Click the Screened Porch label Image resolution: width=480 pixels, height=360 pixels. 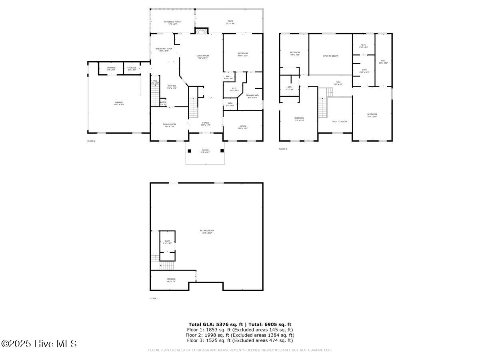(x=172, y=23)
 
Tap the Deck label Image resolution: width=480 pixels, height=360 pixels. (x=230, y=23)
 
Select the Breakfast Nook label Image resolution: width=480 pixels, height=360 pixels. (x=164, y=50)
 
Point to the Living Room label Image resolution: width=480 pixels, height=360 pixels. (x=203, y=57)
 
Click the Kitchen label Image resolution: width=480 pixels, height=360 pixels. (x=172, y=87)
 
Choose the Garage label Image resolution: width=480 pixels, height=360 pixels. (x=119, y=103)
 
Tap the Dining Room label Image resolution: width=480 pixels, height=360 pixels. (x=169, y=125)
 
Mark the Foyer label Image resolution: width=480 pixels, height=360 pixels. (x=205, y=124)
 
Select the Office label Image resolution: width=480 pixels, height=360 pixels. (x=243, y=127)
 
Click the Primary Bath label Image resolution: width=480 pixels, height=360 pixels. (x=252, y=96)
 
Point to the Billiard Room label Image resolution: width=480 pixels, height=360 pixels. (x=207, y=232)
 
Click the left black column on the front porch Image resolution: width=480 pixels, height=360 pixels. (x=190, y=151)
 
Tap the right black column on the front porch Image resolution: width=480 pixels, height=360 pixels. (x=222, y=151)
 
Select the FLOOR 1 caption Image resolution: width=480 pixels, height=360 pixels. (x=154, y=298)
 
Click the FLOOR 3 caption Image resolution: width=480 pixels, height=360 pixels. (x=283, y=149)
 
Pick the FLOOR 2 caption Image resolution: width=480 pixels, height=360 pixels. (x=91, y=141)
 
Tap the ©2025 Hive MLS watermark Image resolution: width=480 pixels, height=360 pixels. (x=39, y=344)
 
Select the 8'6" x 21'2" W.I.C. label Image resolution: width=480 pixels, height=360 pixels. (x=383, y=62)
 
